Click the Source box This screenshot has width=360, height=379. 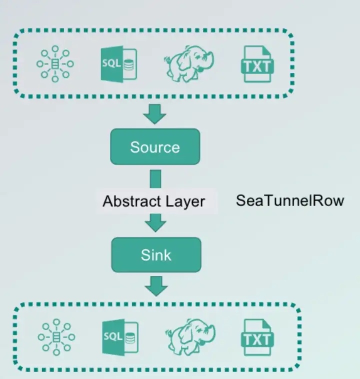tap(155, 146)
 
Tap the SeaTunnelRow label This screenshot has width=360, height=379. tap(290, 201)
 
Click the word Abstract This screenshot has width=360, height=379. tap(126, 201)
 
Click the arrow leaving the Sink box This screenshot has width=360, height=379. tap(155, 286)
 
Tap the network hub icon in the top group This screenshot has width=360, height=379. tap(55, 63)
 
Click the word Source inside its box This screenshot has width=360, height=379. tap(155, 146)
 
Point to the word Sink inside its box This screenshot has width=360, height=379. tap(155, 254)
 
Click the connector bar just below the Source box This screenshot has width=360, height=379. tap(155, 179)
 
